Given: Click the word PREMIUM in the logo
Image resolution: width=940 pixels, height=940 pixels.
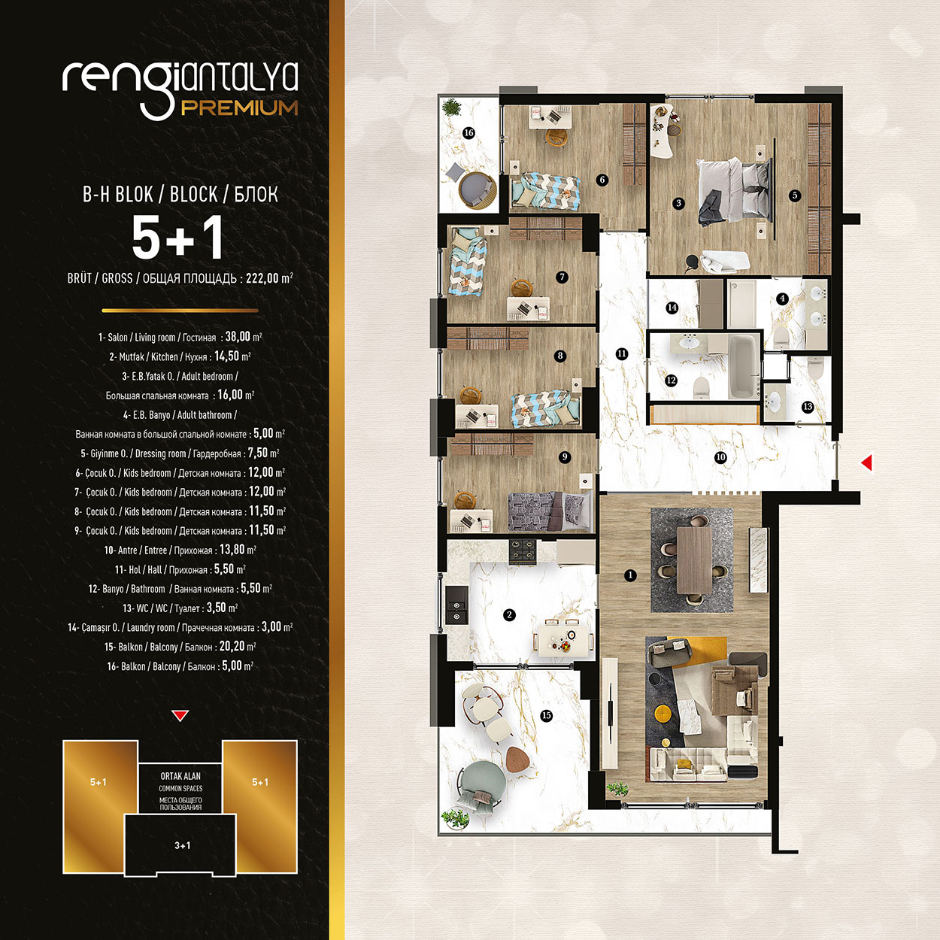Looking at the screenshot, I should (239, 108).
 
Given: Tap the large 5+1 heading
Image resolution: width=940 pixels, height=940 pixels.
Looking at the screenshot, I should (178, 238).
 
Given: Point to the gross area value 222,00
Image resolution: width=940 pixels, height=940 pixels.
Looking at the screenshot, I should (262, 278).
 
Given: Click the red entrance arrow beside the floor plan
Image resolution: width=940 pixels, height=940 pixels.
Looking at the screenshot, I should (866, 462).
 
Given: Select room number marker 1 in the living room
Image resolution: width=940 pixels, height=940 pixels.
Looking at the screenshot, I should (630, 575).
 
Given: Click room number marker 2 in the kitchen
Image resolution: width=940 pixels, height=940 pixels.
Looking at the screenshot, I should (509, 615).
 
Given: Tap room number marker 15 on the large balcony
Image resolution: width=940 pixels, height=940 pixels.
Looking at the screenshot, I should (547, 715).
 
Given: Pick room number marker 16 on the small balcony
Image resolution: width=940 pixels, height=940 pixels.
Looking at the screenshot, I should (468, 133).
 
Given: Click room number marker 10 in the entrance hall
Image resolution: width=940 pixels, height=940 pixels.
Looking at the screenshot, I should (720, 457).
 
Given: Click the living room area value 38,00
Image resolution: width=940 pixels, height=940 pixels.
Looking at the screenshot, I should (238, 338).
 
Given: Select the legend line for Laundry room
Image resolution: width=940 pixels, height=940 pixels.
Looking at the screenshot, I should (180, 627).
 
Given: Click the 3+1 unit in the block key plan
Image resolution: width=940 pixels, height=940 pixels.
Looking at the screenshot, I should (182, 845).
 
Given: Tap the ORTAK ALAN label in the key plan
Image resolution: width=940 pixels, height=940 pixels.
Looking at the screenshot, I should (180, 776).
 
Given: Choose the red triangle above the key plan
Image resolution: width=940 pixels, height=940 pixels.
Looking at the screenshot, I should (180, 716).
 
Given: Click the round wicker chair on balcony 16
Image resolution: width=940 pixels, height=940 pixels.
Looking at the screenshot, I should (477, 189).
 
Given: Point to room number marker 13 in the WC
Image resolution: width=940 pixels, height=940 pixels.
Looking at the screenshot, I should (808, 407).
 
